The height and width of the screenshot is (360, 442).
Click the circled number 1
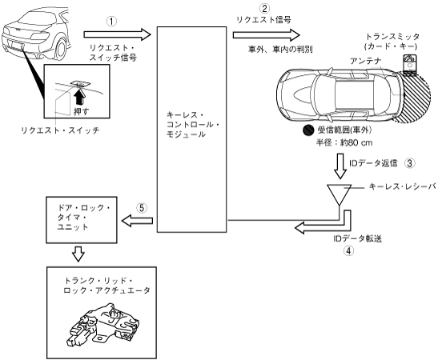tap(111, 22)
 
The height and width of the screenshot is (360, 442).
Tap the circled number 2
tap(264, 8)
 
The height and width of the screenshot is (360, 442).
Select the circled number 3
tap(410, 163)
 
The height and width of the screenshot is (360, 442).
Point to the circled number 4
tap(348, 250)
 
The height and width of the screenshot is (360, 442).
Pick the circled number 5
tap(142, 208)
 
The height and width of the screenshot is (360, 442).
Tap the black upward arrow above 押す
tap(79, 96)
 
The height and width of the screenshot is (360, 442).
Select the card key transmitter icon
tap(410, 65)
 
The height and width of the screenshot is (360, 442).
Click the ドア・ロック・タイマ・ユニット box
tap(82, 220)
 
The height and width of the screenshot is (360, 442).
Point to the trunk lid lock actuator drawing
tap(104, 324)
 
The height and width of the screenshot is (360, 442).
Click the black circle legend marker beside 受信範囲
tap(308, 130)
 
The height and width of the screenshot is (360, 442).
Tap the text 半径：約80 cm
tap(344, 142)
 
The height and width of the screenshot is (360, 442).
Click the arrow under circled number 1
tap(117, 34)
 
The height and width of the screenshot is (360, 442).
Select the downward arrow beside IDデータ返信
tap(340, 166)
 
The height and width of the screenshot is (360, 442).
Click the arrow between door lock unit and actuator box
tap(78, 254)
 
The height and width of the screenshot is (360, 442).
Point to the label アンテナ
tap(366, 61)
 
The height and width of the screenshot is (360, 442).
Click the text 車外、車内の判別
tap(280, 50)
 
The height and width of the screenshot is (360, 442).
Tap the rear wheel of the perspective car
tap(61, 50)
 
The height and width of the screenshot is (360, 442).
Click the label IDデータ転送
tap(357, 238)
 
